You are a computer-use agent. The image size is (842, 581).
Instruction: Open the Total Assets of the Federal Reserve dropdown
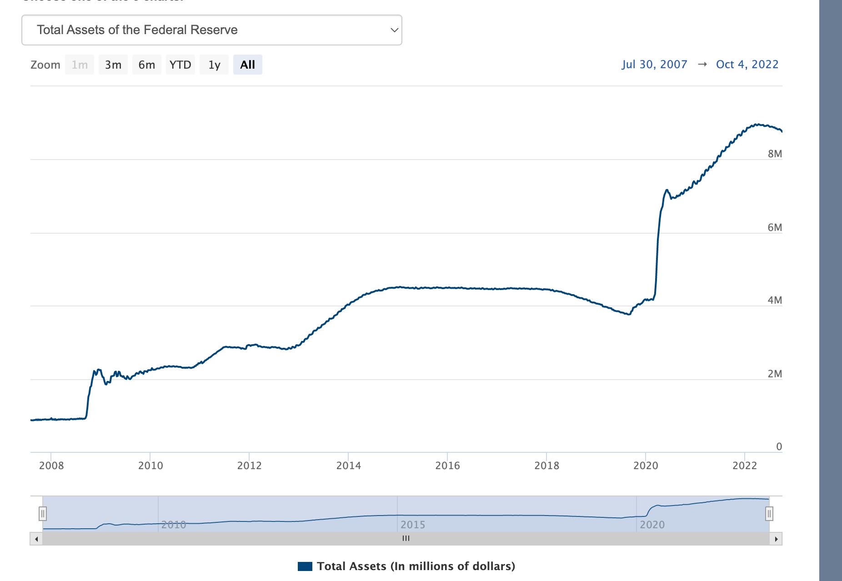tap(211, 30)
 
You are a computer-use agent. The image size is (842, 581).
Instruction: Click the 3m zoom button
tap(113, 65)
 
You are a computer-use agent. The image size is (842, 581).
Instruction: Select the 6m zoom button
tap(147, 65)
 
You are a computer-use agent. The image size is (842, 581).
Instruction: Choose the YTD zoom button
tap(180, 65)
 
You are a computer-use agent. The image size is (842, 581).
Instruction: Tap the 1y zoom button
tap(214, 65)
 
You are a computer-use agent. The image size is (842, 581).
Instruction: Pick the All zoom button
tap(247, 65)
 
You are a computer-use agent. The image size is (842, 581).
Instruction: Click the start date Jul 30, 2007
tap(654, 65)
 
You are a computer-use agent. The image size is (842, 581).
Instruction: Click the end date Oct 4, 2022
tap(747, 65)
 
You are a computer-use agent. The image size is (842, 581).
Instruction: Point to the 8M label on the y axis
tap(775, 154)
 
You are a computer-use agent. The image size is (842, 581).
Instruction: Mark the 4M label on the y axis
tap(775, 300)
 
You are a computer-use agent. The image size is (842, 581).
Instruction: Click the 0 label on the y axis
tap(779, 446)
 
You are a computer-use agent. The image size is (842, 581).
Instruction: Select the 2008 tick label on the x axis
tap(51, 466)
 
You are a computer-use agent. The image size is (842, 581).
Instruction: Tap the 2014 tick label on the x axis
tap(348, 466)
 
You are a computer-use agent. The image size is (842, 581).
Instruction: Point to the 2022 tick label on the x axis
tap(745, 466)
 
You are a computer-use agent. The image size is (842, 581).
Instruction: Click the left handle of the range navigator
tap(43, 514)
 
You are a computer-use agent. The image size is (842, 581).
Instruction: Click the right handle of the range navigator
tap(769, 514)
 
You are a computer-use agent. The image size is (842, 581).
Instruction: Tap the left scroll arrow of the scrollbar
tap(36, 539)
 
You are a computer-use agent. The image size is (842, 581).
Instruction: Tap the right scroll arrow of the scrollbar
tap(776, 539)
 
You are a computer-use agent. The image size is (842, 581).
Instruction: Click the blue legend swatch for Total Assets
tap(305, 566)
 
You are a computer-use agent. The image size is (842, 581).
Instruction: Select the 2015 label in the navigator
tap(413, 525)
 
